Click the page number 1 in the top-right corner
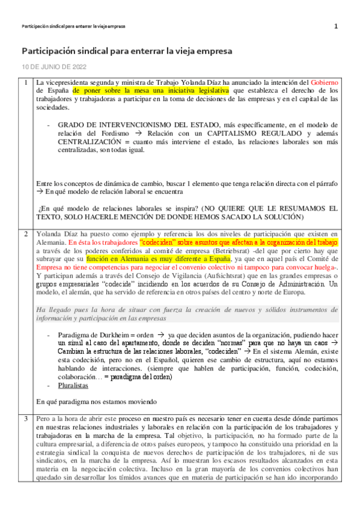(336, 26)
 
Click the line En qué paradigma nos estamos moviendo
(96, 400)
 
